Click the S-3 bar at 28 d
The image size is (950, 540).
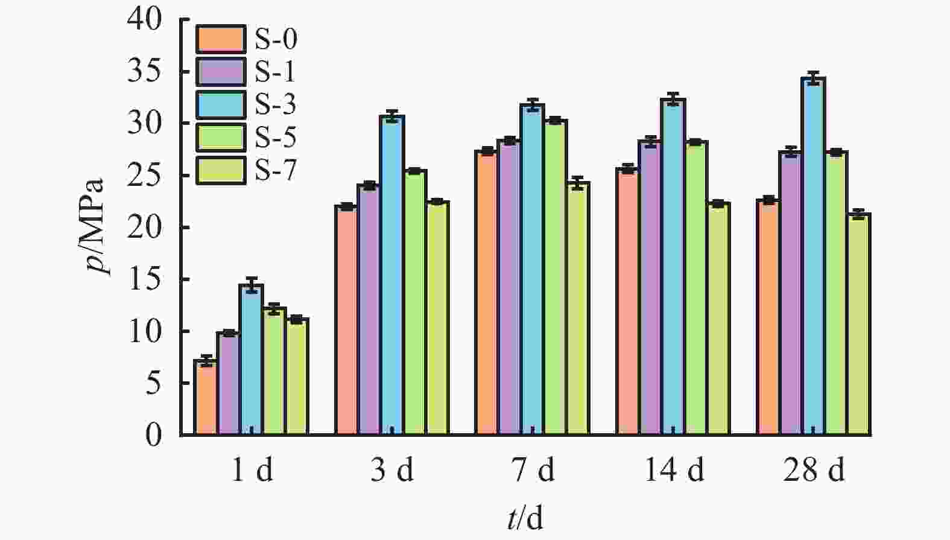pyautogui.click(x=813, y=256)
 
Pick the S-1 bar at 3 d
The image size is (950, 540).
pyautogui.click(x=368, y=310)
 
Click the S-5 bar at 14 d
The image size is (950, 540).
pyautogui.click(x=695, y=288)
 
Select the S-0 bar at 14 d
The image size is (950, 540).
pyautogui.click(x=627, y=302)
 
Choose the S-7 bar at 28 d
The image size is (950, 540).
pyautogui.click(x=859, y=324)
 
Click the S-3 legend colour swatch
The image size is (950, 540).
pyautogui.click(x=221, y=105)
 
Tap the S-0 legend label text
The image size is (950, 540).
pyautogui.click(x=276, y=40)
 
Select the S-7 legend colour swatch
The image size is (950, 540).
pyautogui.click(x=221, y=170)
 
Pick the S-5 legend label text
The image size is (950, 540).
pyautogui.click(x=276, y=138)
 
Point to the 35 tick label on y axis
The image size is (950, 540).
pyautogui.click(x=145, y=71)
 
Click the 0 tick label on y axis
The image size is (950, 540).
pyautogui.click(x=154, y=435)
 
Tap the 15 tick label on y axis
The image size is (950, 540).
pyautogui.click(x=145, y=279)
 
